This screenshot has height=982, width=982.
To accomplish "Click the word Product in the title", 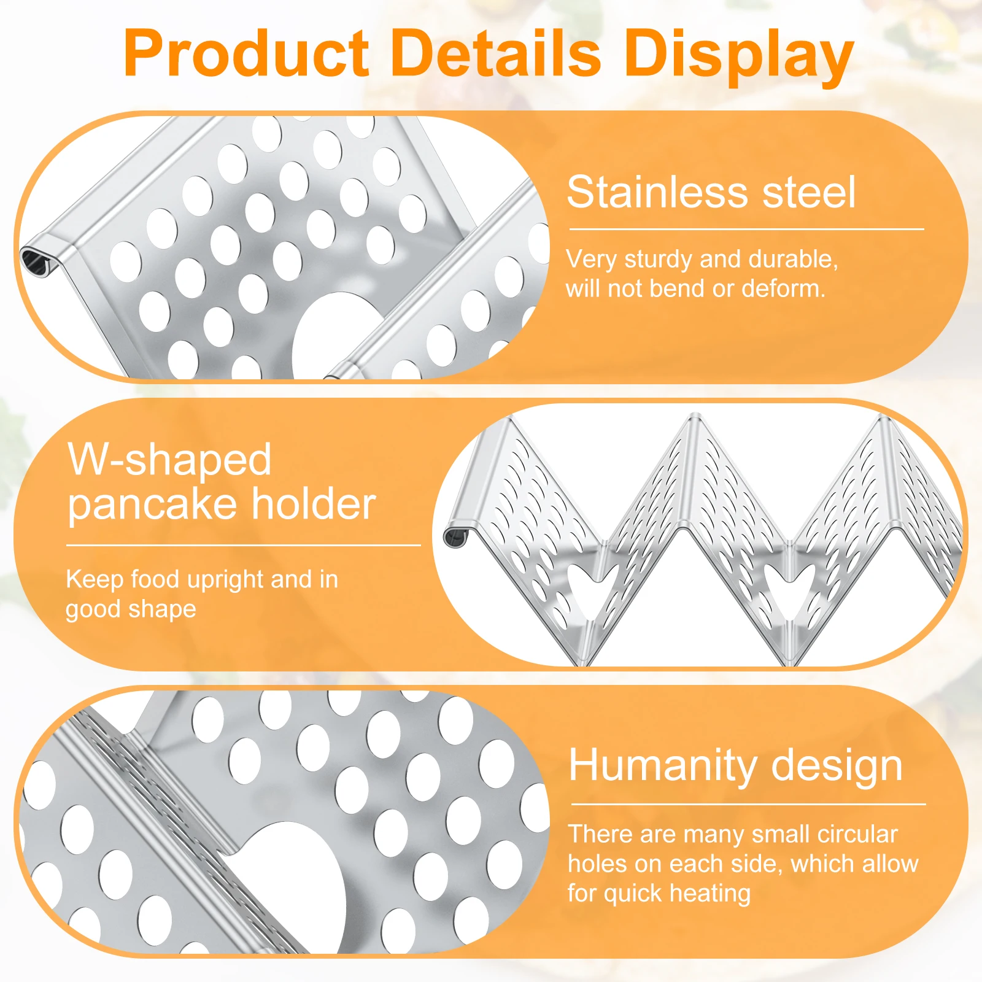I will click(x=246, y=54).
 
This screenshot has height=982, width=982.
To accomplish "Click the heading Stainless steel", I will click(x=711, y=192).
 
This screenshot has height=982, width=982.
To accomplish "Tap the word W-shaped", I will click(x=169, y=459).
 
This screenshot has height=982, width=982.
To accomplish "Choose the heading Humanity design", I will click(x=735, y=765).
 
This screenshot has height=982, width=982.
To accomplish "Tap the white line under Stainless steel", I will click(x=746, y=230).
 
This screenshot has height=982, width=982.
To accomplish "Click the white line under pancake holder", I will click(x=243, y=545).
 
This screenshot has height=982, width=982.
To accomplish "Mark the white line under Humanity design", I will click(x=748, y=804).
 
